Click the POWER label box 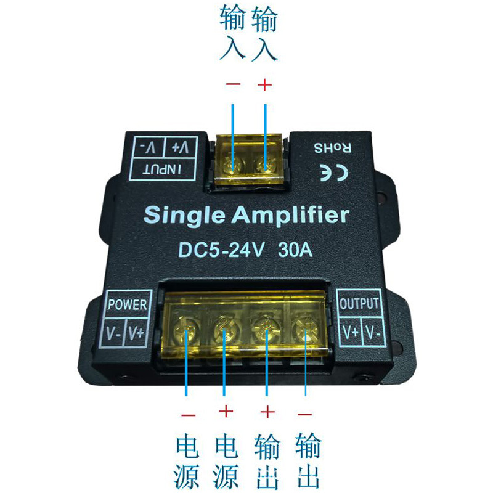(x=127, y=304)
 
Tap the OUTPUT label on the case (x=360, y=304)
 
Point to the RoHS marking (x=334, y=148)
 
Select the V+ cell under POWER (x=136, y=333)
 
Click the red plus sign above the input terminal (x=264, y=86)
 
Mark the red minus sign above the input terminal (x=233, y=86)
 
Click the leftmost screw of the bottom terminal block (x=187, y=333)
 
